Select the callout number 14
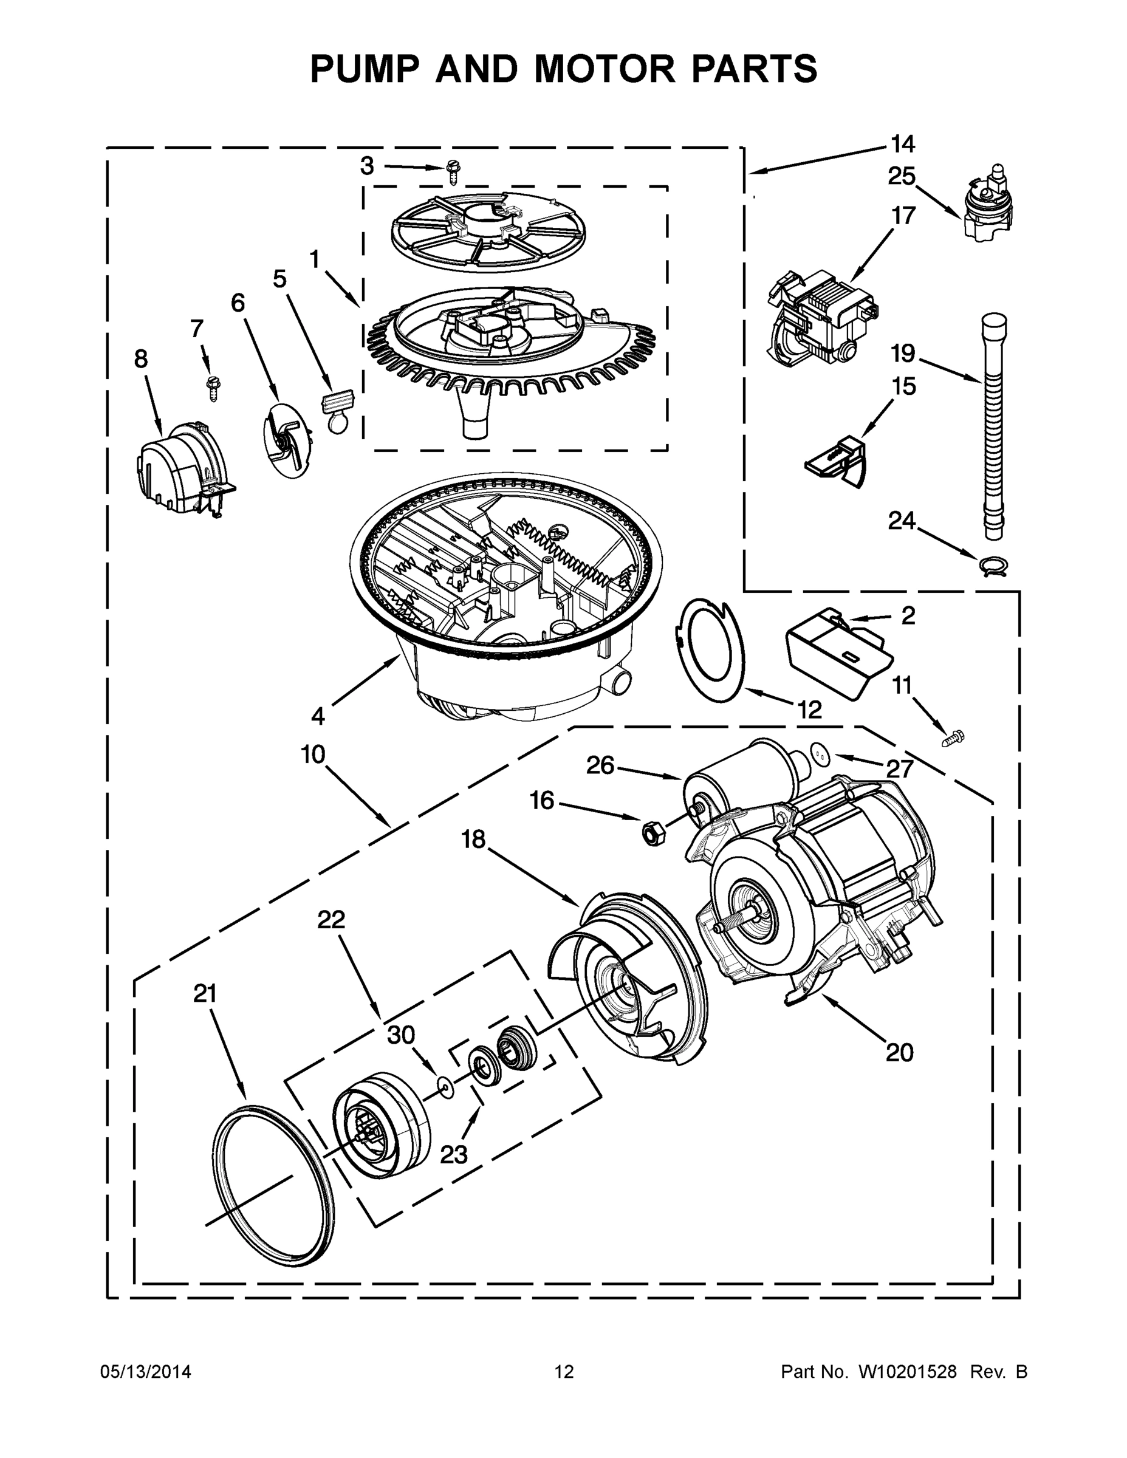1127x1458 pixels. click(903, 143)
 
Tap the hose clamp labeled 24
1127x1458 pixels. click(993, 566)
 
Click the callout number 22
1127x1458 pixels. click(331, 920)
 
